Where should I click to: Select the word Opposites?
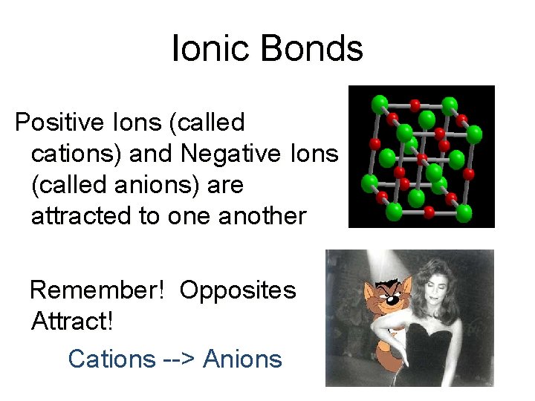tap(238, 290)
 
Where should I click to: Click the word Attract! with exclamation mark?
tap(73, 322)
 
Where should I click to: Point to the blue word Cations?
tap(111, 359)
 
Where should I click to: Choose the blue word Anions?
tap(242, 359)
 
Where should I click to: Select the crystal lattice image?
tap(421, 156)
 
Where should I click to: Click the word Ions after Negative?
tap(316, 153)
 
